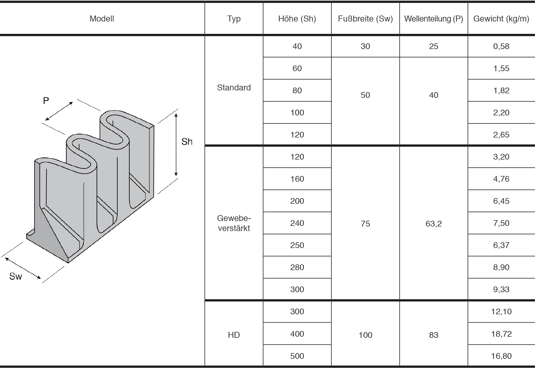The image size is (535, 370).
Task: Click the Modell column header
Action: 102,19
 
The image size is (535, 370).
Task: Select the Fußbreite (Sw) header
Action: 365,19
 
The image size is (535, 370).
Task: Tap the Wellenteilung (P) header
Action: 434,19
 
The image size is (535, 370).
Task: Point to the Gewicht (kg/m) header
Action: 501,19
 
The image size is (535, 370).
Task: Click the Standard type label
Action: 234,88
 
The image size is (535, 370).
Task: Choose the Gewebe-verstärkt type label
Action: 234,223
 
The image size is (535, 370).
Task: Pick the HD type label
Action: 234,335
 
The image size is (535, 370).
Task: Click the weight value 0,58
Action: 501,46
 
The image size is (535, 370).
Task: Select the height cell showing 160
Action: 297,179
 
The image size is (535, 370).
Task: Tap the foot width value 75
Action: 365,223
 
